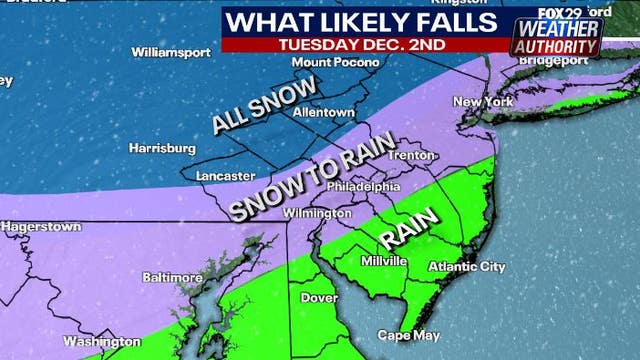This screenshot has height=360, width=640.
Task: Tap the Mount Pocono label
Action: coord(322,62)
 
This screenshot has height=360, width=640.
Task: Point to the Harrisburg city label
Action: coord(162,148)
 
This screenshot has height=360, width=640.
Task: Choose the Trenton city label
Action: coord(413,155)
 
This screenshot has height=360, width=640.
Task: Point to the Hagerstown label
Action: coord(39,227)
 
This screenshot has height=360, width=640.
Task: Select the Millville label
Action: coord(384,260)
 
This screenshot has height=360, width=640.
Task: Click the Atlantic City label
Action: coord(466,266)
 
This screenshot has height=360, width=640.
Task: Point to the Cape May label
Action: coord(402,335)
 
